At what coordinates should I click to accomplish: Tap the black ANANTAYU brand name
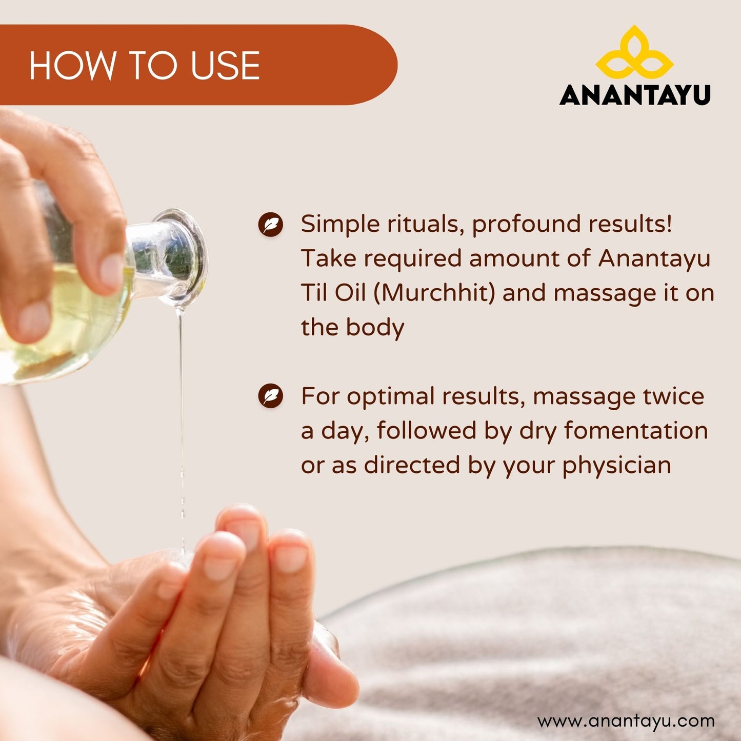pos(635,94)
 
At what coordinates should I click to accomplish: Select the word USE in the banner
pos(225,65)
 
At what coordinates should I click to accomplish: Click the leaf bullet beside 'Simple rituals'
pos(271,224)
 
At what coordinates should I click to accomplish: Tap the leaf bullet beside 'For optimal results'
pos(271,396)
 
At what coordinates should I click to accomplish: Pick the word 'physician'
pos(616,466)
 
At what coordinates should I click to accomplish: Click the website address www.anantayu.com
pos(626,721)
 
